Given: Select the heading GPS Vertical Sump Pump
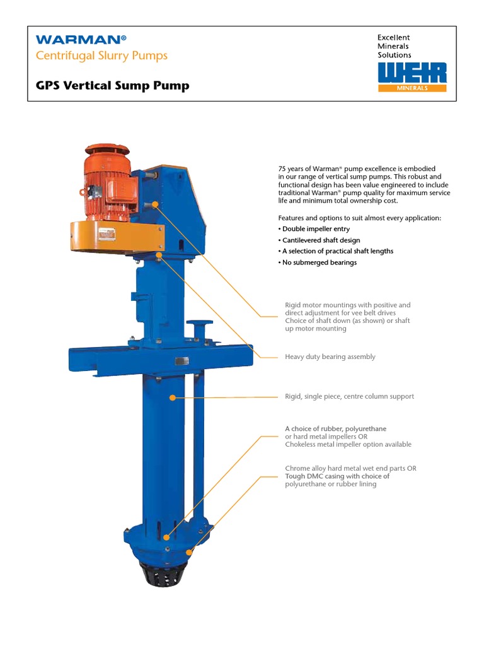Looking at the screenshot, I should click(112, 86).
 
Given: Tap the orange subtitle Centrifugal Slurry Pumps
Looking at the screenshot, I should click(101, 56).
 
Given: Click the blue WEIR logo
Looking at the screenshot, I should click(412, 72).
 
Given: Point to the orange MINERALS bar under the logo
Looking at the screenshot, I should click(412, 88).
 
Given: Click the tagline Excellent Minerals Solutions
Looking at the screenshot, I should click(394, 46).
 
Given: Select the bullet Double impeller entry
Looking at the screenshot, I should click(313, 229).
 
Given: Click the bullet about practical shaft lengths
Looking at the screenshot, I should click(337, 251).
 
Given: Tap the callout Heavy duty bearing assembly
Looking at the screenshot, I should click(330, 357).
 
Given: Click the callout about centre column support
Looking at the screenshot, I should click(349, 397).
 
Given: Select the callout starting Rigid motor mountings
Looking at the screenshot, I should click(347, 305).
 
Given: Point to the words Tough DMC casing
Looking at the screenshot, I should click(313, 476).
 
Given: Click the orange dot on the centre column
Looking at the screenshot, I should click(173, 397).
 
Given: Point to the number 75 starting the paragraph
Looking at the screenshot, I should click(282, 169).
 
